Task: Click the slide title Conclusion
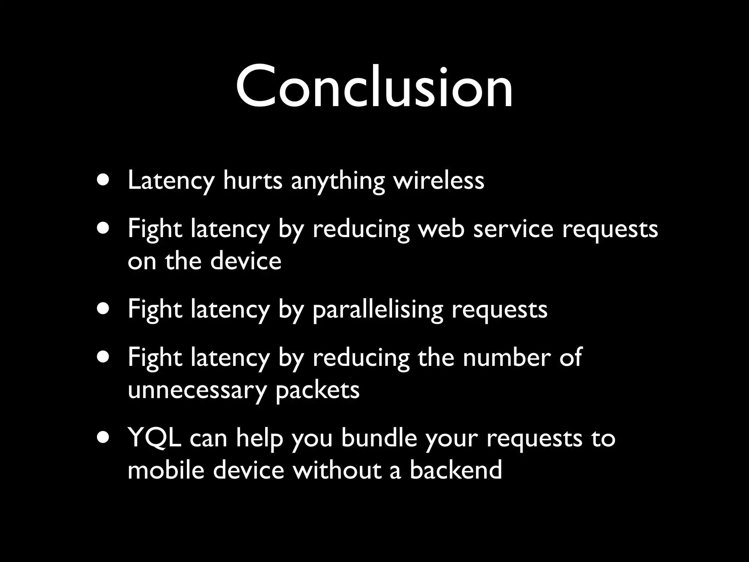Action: click(x=374, y=87)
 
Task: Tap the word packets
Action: click(x=317, y=390)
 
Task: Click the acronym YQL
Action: click(x=155, y=438)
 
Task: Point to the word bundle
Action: click(x=379, y=438)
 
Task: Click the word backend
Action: click(x=455, y=470)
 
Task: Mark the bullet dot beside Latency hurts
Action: click(x=103, y=181)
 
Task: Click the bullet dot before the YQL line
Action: click(x=103, y=438)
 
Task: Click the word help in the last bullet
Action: click(x=259, y=438)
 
